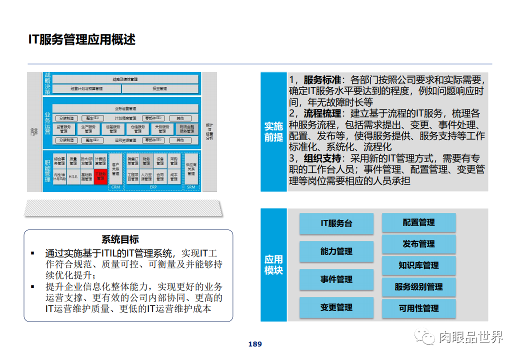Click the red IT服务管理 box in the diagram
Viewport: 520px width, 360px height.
(100, 176)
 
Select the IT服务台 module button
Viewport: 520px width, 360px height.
(336, 223)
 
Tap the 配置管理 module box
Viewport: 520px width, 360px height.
(419, 222)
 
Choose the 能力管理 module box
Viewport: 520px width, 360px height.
(336, 251)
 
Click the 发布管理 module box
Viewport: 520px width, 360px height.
(419, 244)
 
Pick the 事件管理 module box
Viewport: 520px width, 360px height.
(336, 279)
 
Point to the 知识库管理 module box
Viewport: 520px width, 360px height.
(419, 265)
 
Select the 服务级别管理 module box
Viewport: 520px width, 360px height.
(419, 287)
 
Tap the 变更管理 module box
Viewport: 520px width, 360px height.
(336, 307)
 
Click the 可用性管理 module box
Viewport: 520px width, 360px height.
(419, 308)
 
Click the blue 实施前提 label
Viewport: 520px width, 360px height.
(273, 132)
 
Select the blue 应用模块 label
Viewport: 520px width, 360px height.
(273, 265)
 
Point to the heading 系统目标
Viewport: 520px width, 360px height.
(120, 239)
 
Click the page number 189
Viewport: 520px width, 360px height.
(255, 344)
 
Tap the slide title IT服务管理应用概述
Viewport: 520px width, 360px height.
(82, 39)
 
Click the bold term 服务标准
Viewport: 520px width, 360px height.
(322, 80)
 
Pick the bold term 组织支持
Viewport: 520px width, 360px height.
(322, 158)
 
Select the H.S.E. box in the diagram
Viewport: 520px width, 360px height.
(73, 176)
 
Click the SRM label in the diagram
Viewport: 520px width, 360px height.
(191, 187)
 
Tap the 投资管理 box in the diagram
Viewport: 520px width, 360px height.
(160, 89)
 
